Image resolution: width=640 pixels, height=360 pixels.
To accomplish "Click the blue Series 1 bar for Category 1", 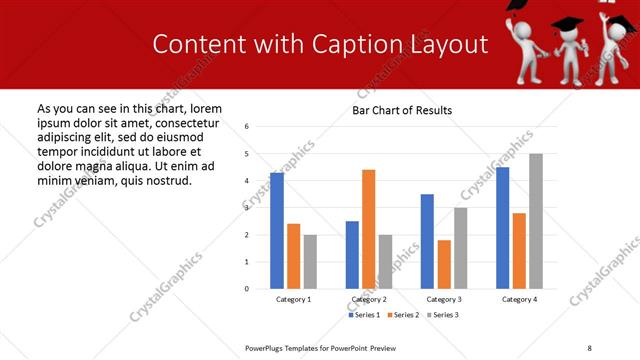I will click(x=277, y=230).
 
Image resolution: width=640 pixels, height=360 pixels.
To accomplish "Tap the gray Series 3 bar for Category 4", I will click(x=536, y=221).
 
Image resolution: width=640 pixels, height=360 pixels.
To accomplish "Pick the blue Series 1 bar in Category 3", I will click(x=427, y=241).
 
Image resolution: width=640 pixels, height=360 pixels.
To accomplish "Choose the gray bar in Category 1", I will click(x=310, y=261).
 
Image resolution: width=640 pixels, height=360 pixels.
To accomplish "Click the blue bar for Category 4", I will click(x=503, y=228).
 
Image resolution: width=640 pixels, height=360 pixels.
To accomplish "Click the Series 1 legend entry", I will click(x=365, y=315).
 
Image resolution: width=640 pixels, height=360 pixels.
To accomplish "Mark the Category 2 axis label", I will click(x=369, y=299).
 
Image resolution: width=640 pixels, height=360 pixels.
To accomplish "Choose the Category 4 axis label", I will click(x=519, y=299).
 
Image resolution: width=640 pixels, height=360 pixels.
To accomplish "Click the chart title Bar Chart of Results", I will click(x=401, y=110).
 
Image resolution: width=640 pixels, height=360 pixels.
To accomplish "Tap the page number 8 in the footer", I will click(x=589, y=347).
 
